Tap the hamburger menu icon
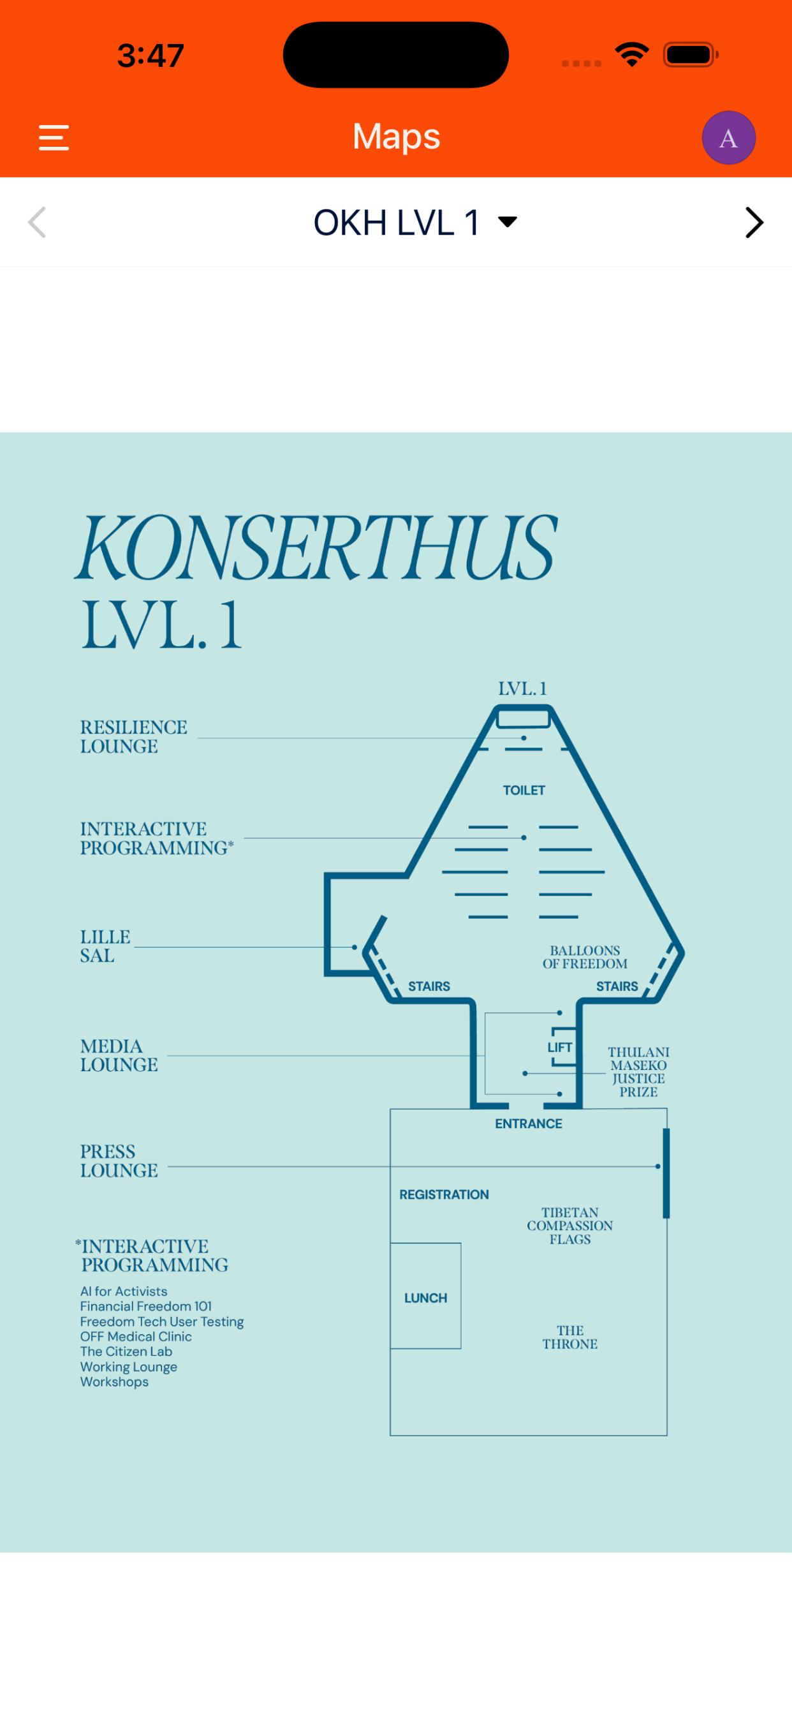pyautogui.click(x=54, y=138)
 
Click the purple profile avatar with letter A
pyautogui.click(x=728, y=138)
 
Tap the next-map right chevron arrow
pyautogui.click(x=754, y=223)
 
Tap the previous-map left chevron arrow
pyautogui.click(x=37, y=223)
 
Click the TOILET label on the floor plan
pyautogui.click(x=524, y=791)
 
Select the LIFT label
pyautogui.click(x=560, y=1047)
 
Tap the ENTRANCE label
pyautogui.click(x=529, y=1124)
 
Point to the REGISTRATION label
pyautogui.click(x=444, y=1194)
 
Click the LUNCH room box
pyautogui.click(x=426, y=1296)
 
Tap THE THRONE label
pyautogui.click(x=569, y=1337)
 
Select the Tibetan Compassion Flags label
pyautogui.click(x=569, y=1226)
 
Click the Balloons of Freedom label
pyautogui.click(x=585, y=956)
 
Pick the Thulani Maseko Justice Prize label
pyautogui.click(x=638, y=1071)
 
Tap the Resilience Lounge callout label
pyautogui.click(x=133, y=736)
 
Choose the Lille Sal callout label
pyautogui.click(x=105, y=946)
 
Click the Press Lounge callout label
pyautogui.click(x=119, y=1161)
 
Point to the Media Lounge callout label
pyautogui.click(x=119, y=1055)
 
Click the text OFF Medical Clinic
pyautogui.click(x=136, y=1336)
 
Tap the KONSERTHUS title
pyautogui.click(x=316, y=547)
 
